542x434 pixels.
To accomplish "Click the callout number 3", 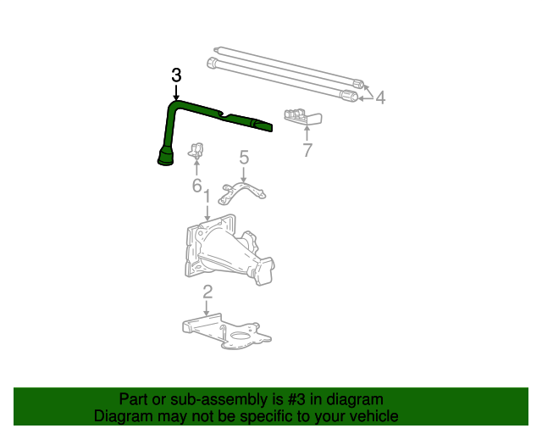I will (x=176, y=75).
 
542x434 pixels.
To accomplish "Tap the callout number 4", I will (x=380, y=98).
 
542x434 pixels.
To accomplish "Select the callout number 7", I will (x=307, y=150).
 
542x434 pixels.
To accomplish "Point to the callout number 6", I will (x=196, y=185).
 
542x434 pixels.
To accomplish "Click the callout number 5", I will (x=244, y=157).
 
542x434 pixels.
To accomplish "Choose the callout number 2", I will (x=207, y=292).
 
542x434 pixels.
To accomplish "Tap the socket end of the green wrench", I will (x=165, y=158).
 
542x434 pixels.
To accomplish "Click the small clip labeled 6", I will (x=197, y=151).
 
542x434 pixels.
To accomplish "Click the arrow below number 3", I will (x=176, y=92).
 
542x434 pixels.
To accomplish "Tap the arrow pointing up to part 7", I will (x=307, y=131).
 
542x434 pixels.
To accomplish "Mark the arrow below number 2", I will (x=207, y=309).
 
